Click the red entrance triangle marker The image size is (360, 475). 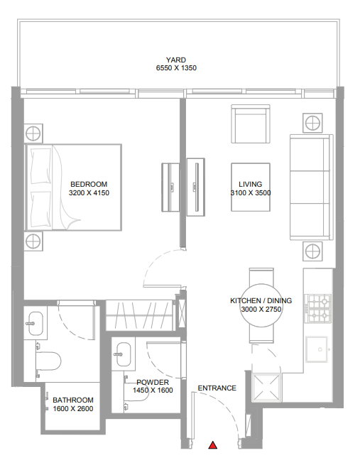(213, 445)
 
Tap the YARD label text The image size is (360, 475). (176, 60)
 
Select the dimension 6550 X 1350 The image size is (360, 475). (176, 68)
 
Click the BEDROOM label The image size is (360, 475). (89, 184)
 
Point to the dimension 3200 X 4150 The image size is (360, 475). (89, 192)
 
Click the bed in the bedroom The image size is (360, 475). (74, 187)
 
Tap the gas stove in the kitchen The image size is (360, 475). (319, 308)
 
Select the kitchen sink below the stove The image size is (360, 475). (317, 349)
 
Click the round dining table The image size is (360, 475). (261, 305)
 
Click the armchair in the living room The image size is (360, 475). (251, 124)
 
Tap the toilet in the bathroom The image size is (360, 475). (48, 361)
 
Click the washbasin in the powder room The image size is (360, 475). (124, 354)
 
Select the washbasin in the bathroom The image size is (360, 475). (36, 323)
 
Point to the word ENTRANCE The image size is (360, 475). (217, 388)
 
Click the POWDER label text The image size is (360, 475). (153, 382)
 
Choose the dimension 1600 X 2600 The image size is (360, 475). (73, 409)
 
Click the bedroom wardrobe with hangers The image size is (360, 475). (140, 315)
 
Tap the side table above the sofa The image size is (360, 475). (312, 123)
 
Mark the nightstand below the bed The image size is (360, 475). (33, 241)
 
